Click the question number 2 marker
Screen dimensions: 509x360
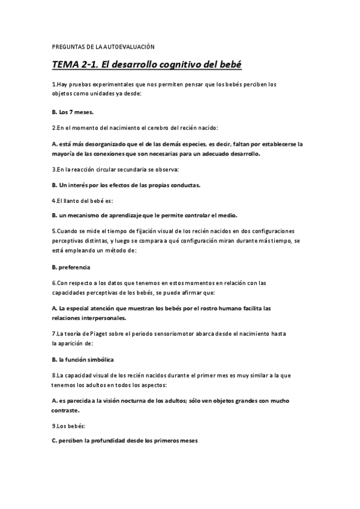[x=54, y=128]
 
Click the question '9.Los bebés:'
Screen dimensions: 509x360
[x=68, y=425]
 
